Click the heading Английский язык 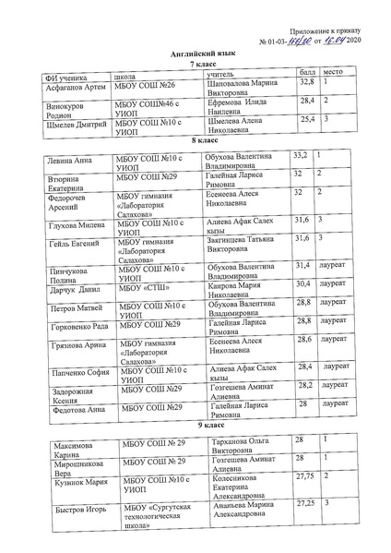tap(197, 55)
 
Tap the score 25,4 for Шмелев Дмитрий tap(306, 119)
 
